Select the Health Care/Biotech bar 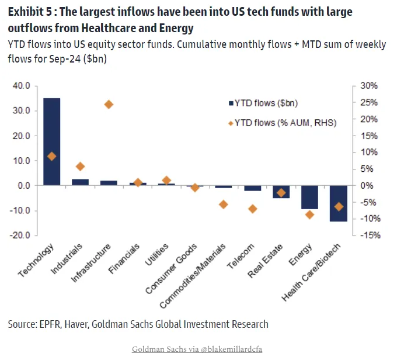click(x=338, y=203)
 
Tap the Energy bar click(x=309, y=197)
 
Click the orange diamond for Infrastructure click(x=109, y=105)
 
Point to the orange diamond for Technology click(x=51, y=156)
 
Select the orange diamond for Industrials click(x=80, y=167)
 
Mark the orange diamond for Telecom click(x=252, y=209)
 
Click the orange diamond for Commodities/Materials click(x=224, y=204)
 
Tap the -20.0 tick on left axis click(x=21, y=236)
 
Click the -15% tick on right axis click(x=368, y=236)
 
